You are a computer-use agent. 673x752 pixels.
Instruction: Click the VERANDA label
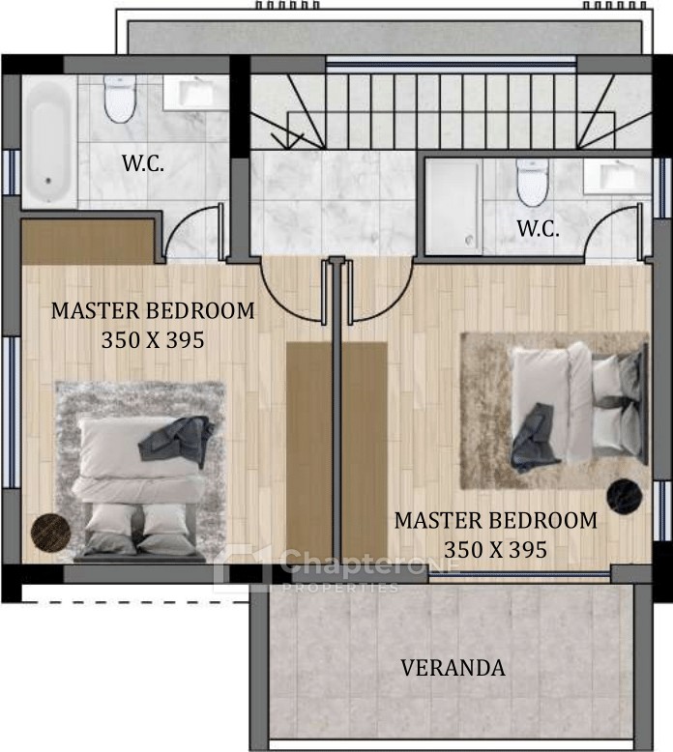tap(453, 668)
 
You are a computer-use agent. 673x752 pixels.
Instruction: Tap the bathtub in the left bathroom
tap(49, 142)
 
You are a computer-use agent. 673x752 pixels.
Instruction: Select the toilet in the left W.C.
tap(120, 99)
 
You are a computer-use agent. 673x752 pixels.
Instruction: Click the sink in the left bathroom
tap(195, 92)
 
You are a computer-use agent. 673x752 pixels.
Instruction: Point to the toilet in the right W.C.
tap(533, 183)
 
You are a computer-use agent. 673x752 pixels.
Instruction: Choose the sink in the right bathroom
tap(617, 177)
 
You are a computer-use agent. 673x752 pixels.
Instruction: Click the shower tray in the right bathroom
tap(454, 207)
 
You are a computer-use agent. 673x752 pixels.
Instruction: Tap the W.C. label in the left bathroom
tap(143, 163)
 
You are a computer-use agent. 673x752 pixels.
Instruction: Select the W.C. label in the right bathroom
tap(538, 229)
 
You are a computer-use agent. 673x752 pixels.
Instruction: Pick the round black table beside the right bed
tap(625, 497)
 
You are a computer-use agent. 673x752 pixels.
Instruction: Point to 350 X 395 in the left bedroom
tap(153, 340)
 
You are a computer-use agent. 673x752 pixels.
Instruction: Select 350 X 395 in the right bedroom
tap(495, 550)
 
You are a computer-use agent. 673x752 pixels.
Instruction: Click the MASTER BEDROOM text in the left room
tap(153, 311)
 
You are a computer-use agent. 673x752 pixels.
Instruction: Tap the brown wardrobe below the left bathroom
tap(88, 243)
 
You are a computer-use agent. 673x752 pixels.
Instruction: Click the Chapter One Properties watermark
tap(336, 569)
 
